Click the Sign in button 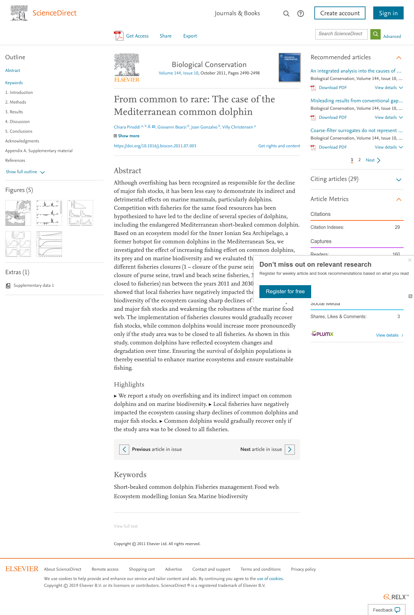[x=388, y=13]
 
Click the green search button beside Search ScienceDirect [x=375, y=34]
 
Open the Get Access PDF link [x=132, y=36]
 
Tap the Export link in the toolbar [x=190, y=36]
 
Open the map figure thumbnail [x=18, y=213]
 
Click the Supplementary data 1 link [x=33, y=285]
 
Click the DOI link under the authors [x=155, y=146]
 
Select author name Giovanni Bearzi [x=172, y=127]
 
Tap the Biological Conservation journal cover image [x=289, y=67]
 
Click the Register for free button [x=285, y=291]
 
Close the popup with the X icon [x=409, y=260]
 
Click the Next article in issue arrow [x=289, y=449]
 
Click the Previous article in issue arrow [x=124, y=449]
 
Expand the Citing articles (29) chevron [x=399, y=180]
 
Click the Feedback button [x=386, y=610]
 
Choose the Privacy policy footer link [x=303, y=569]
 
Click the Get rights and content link [x=279, y=146]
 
